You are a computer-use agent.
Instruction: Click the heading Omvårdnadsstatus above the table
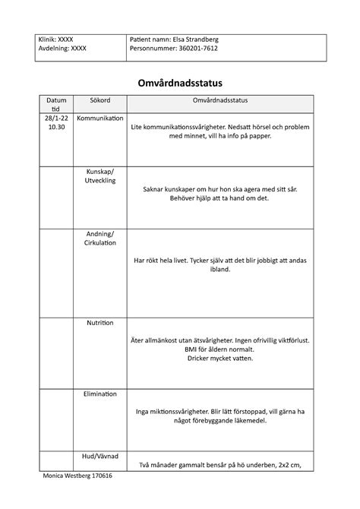click(179, 81)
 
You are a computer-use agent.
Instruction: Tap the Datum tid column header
click(56, 105)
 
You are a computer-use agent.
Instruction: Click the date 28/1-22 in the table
click(56, 119)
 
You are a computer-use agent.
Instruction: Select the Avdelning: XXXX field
click(63, 49)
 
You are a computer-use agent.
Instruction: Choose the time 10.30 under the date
click(56, 128)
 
